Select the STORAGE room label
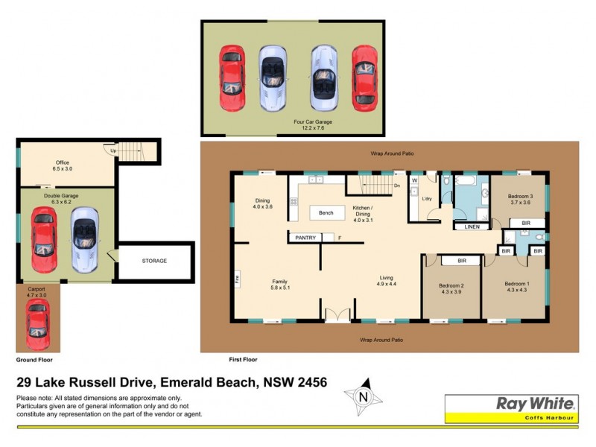click(154, 261)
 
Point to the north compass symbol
click(363, 396)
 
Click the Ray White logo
click(535, 404)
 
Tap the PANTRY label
click(305, 238)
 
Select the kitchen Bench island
click(326, 213)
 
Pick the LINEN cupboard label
click(472, 226)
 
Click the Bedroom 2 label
click(452, 285)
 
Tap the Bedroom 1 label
click(517, 284)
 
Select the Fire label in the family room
click(238, 279)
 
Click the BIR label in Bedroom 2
click(462, 261)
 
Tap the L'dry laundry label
click(427, 200)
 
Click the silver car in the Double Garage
click(85, 239)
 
